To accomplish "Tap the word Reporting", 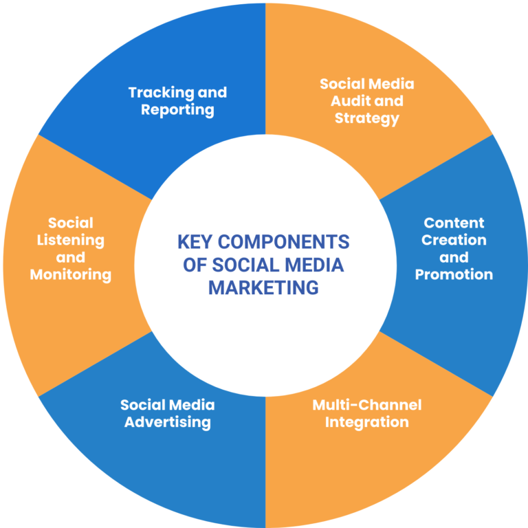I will (x=177, y=110).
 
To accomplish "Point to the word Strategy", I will (x=366, y=118).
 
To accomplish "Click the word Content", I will (x=454, y=223).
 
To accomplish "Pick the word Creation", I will (x=454, y=240).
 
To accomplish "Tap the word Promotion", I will (x=454, y=274).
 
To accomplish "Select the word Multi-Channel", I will (x=366, y=404).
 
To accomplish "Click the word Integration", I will (x=366, y=421).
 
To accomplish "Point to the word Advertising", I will (x=167, y=421).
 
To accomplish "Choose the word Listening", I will (x=71, y=240).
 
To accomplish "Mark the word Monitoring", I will (x=71, y=274).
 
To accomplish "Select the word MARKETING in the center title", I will (x=263, y=287).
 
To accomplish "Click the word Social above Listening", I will (x=71, y=223).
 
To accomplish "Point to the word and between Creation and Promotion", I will (x=454, y=257).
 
